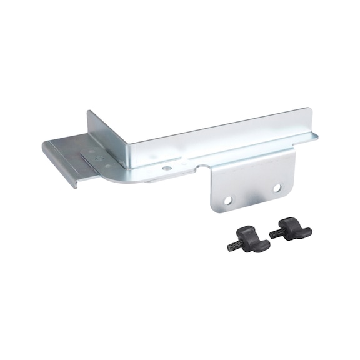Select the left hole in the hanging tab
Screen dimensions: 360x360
pyautogui.click(x=228, y=200)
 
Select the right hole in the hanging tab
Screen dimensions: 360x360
pyautogui.click(x=277, y=187)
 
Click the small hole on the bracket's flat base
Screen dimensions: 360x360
pyautogui.click(x=166, y=168)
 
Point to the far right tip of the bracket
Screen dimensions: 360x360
pyautogui.click(x=316, y=134)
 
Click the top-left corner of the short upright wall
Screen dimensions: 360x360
pyautogui.click(x=88, y=112)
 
